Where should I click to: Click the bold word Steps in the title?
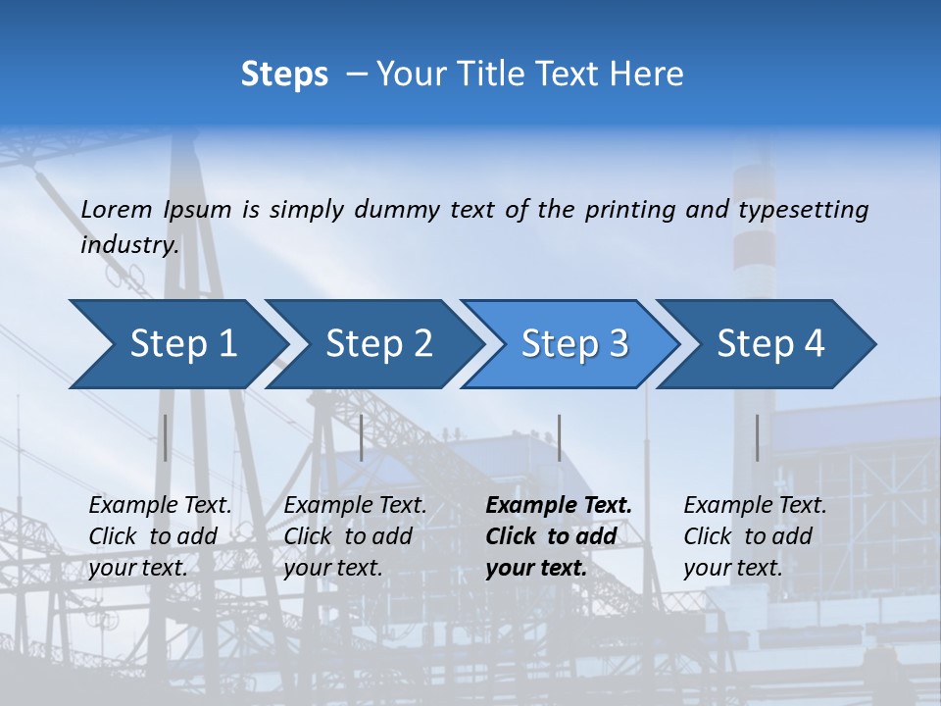click(x=284, y=75)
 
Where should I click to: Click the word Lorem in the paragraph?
click(x=117, y=209)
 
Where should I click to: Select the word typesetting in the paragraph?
click(x=803, y=209)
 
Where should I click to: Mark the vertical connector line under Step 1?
click(x=166, y=437)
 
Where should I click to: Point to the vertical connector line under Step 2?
click(x=362, y=437)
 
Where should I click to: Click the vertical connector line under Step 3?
click(x=559, y=437)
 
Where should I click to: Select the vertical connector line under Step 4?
click(x=757, y=437)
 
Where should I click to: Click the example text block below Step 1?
click(x=160, y=536)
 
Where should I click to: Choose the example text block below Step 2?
click(x=355, y=536)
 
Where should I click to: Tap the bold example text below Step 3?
click(x=559, y=536)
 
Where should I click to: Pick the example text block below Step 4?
click(x=755, y=536)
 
